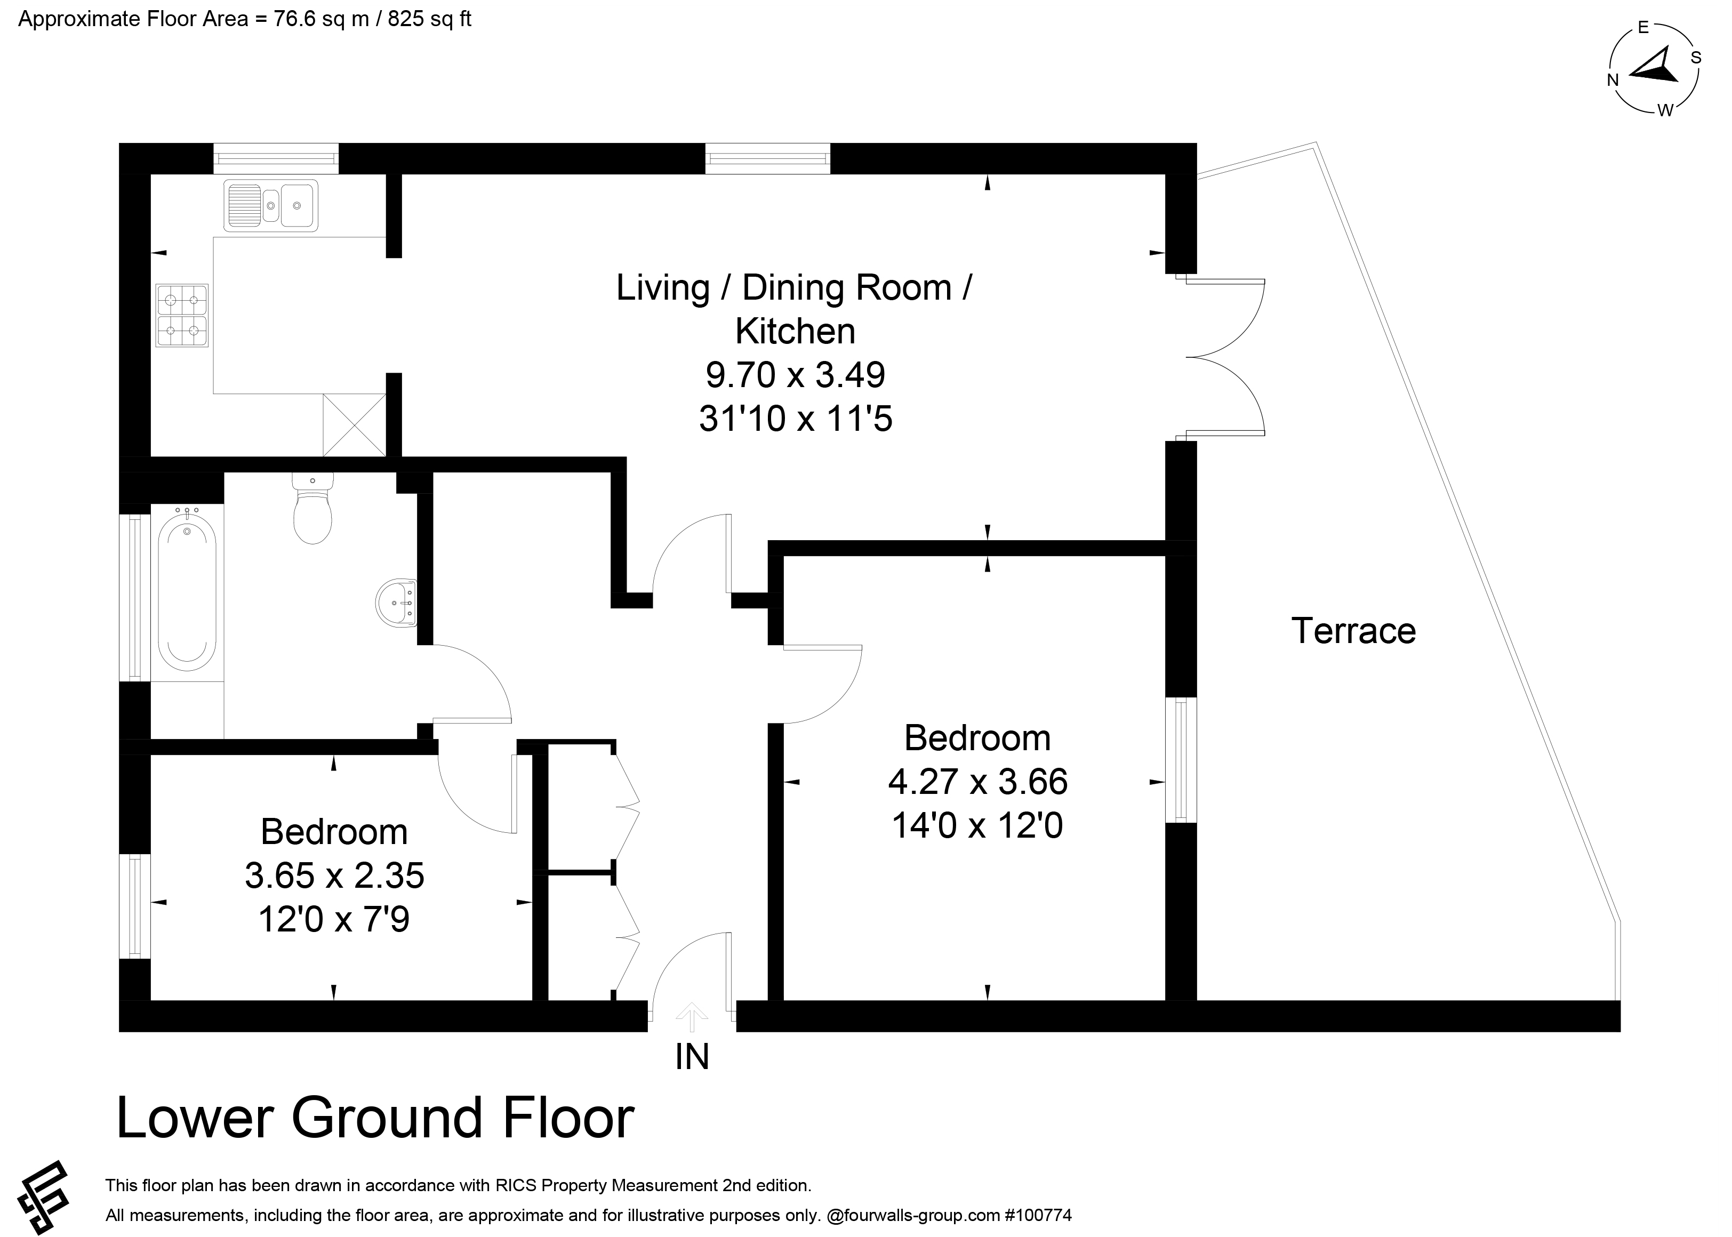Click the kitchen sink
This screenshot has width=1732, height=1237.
click(x=270, y=206)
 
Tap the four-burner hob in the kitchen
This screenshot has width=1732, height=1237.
click(x=182, y=315)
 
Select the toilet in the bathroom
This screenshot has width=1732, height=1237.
click(x=312, y=508)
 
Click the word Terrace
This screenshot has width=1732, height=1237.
click(x=1353, y=631)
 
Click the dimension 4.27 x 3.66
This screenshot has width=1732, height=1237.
click(x=978, y=782)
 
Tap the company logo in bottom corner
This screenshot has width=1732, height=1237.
click(x=43, y=1198)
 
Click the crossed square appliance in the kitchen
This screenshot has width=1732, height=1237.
click(x=354, y=425)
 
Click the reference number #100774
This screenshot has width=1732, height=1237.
click(x=1037, y=1215)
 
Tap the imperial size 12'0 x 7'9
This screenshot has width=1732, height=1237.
click(x=334, y=919)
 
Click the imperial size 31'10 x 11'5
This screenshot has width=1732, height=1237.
click(x=795, y=419)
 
